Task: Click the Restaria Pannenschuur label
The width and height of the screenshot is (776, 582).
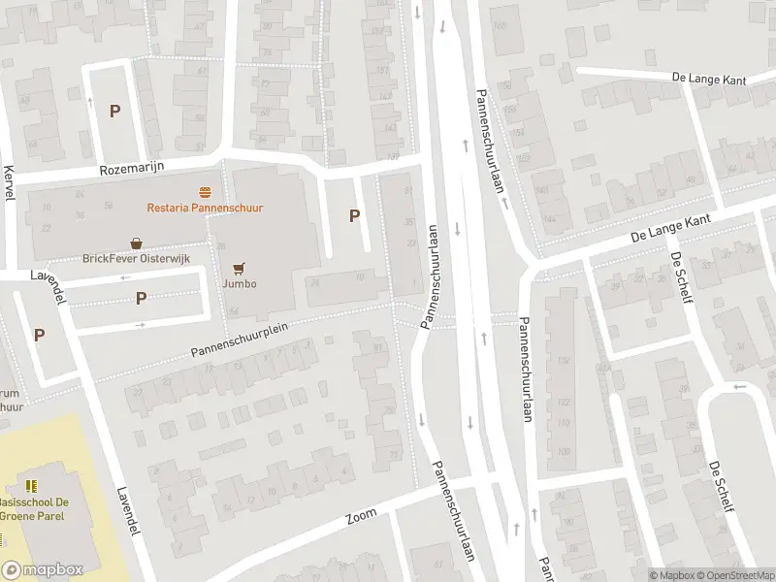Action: (205, 208)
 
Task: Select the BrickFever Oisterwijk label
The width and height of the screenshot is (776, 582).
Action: (137, 259)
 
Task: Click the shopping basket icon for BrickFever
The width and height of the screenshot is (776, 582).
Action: (137, 243)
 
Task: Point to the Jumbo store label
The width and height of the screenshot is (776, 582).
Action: (239, 283)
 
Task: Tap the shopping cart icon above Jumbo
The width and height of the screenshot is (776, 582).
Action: (239, 268)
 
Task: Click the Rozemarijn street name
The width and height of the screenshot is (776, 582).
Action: (133, 169)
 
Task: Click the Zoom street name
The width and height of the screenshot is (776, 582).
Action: (361, 519)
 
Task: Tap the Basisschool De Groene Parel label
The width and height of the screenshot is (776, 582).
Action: (35, 509)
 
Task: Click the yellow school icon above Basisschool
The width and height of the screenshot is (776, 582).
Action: (32, 485)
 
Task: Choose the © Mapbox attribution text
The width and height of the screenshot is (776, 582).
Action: (671, 575)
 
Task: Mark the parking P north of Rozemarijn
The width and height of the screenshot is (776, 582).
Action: (114, 111)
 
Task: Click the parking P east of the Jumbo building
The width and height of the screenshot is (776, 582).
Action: (354, 216)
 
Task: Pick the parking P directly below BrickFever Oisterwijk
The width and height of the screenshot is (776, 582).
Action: (142, 298)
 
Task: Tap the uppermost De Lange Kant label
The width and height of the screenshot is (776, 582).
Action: (708, 78)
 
